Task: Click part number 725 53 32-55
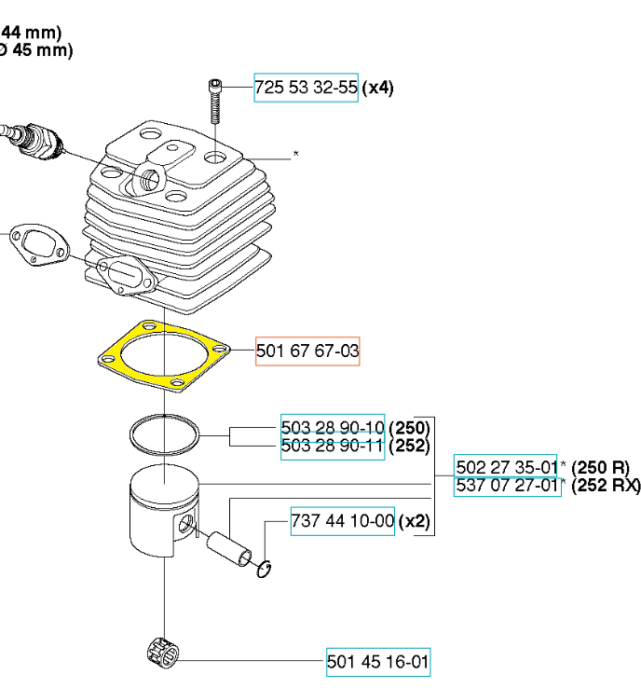306,89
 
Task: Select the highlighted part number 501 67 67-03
307,351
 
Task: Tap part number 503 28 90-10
333,427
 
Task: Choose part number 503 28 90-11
333,446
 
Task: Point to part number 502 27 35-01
507,467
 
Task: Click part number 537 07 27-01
507,486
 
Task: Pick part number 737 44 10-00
343,520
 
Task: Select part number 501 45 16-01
378,663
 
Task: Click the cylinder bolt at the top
216,102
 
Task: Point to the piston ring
164,433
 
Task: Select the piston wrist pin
234,550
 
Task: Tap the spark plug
33,138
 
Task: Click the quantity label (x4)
377,89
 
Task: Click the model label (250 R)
600,467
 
